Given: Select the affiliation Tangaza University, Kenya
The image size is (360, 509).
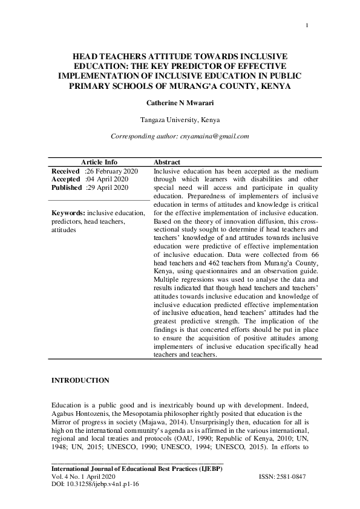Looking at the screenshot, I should [180, 120].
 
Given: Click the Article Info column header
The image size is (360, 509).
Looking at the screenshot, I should [99, 163].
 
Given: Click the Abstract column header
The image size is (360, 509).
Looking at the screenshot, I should [167, 163].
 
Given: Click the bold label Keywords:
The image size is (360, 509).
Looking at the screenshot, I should [68, 213].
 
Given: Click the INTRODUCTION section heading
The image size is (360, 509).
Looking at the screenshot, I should [80, 380].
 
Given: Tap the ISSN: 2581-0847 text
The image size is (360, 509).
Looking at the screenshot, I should [282, 477].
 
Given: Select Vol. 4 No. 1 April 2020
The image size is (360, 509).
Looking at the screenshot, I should [88, 477].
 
